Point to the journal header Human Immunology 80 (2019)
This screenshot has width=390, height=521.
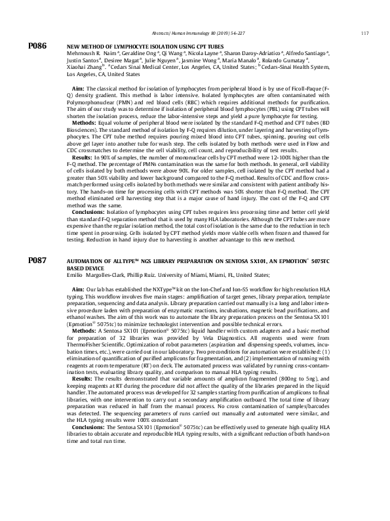[x=204, y=34]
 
